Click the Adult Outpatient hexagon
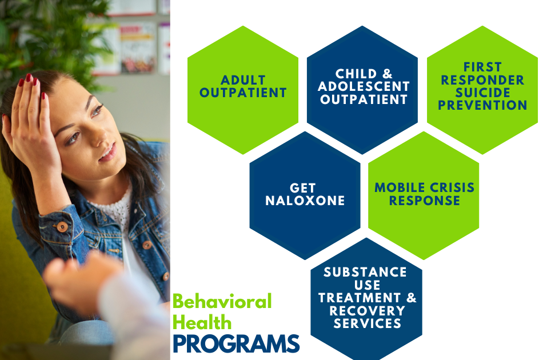pyautogui.click(x=243, y=90)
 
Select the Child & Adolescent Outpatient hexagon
pyautogui.click(x=362, y=90)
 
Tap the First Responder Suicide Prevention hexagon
pyautogui.click(x=482, y=90)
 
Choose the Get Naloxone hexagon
pyautogui.click(x=305, y=195)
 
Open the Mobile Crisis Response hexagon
pyautogui.click(x=424, y=195)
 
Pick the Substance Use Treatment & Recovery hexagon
pyautogui.click(x=366, y=299)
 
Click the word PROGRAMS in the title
pyautogui.click(x=236, y=344)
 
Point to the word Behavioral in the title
pyautogui.click(x=222, y=302)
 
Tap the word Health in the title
pyautogui.click(x=202, y=323)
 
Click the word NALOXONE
pyautogui.click(x=305, y=201)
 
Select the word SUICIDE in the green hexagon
pyautogui.click(x=483, y=93)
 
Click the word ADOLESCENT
pyautogui.click(x=364, y=86)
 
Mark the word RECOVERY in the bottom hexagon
pyautogui.click(x=367, y=311)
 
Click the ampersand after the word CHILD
pyautogui.click(x=387, y=74)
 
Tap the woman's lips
pyautogui.click(x=109, y=153)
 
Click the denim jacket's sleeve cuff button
pyautogui.click(x=62, y=227)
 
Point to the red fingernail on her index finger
pyautogui.click(x=29, y=78)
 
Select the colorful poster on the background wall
pyautogui.click(x=138, y=48)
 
